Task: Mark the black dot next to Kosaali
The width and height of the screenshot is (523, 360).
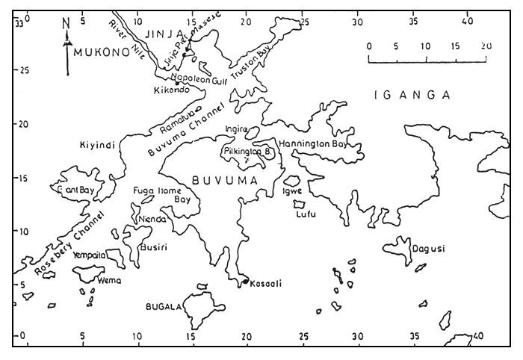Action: [x=244, y=282]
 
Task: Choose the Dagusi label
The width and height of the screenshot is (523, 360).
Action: [x=428, y=249]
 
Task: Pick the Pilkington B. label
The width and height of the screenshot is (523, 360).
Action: [x=249, y=152]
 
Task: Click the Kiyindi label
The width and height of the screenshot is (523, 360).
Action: [x=98, y=146]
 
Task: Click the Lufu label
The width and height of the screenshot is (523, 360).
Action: [x=306, y=214]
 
